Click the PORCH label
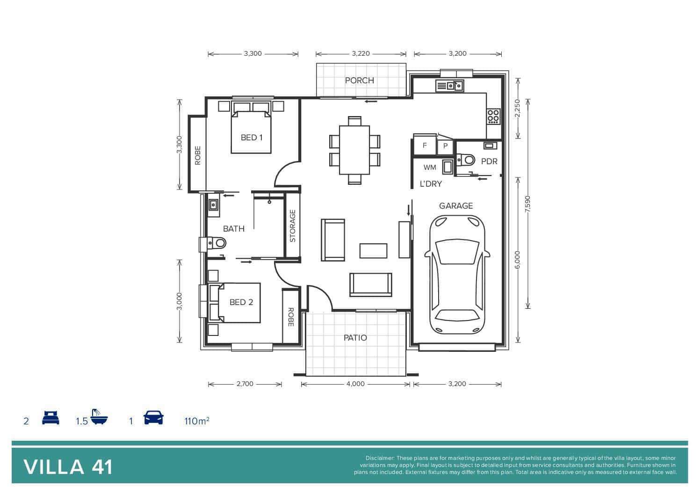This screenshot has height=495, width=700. tap(360, 80)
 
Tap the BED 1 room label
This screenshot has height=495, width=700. tap(252, 137)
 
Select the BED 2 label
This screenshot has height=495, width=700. tap(241, 302)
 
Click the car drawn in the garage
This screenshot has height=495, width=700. tap(457, 275)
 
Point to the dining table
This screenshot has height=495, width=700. tap(354, 150)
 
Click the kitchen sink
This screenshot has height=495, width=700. tap(450, 85)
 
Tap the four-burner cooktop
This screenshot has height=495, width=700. tap(493, 116)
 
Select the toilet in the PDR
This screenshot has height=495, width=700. tap(466, 160)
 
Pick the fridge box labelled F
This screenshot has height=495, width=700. tap(425, 145)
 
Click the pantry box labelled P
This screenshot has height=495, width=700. tap(445, 146)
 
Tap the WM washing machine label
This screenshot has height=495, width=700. tap(430, 167)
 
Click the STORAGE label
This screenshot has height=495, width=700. tap(293, 226)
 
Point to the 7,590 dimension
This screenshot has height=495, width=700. tap(528, 204)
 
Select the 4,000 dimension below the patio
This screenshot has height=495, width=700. tap(355, 384)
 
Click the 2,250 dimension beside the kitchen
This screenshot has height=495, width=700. tap(518, 108)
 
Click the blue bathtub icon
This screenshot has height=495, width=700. tap(99, 416)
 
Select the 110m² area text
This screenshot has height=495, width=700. tap(197, 421)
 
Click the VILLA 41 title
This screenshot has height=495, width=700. tap(68, 467)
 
